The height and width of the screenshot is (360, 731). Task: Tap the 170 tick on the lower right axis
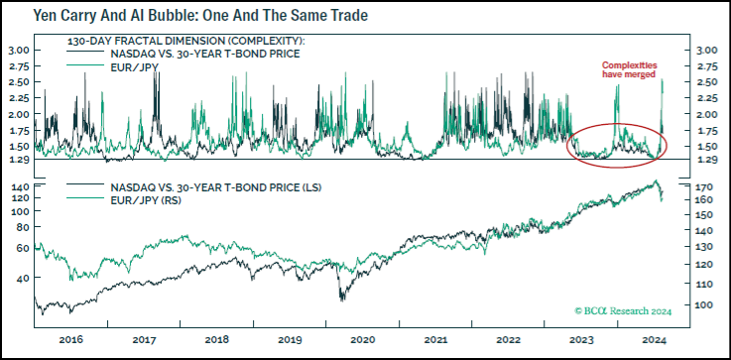706,186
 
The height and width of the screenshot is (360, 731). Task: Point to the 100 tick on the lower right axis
706,305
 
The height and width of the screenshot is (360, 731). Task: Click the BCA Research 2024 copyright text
624,311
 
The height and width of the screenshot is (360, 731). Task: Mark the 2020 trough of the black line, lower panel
341,297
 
